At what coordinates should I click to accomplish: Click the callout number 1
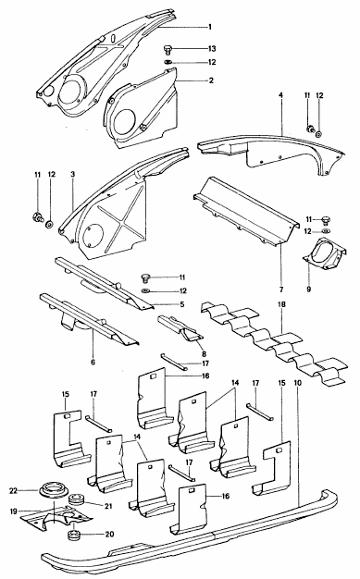click(x=210, y=27)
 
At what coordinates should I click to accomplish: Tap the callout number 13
click(x=211, y=49)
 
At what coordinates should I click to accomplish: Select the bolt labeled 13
click(x=168, y=49)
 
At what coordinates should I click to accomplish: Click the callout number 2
click(x=211, y=80)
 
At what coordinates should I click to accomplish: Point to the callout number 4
click(x=281, y=95)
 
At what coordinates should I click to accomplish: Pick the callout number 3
click(x=73, y=173)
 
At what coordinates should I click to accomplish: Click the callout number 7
click(x=281, y=289)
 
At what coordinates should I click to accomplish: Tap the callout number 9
click(x=309, y=289)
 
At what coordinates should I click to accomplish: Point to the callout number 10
click(x=298, y=383)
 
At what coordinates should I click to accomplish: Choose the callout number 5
click(x=182, y=304)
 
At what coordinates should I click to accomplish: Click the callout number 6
click(x=93, y=362)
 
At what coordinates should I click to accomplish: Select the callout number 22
click(x=13, y=490)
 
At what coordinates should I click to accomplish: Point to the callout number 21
click(x=108, y=506)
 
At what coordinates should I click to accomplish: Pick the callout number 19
click(x=13, y=511)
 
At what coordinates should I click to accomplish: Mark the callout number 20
click(x=110, y=534)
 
